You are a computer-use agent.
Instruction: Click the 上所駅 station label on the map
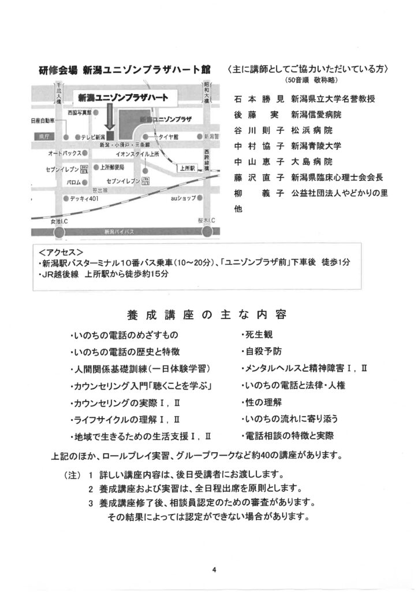click(186, 168)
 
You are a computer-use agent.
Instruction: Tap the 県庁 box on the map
click(41, 137)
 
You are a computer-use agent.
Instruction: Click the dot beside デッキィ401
click(64, 198)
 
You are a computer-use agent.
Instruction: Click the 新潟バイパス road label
click(119, 231)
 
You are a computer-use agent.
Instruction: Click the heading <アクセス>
click(60, 252)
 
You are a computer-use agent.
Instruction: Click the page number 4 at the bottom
click(214, 569)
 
